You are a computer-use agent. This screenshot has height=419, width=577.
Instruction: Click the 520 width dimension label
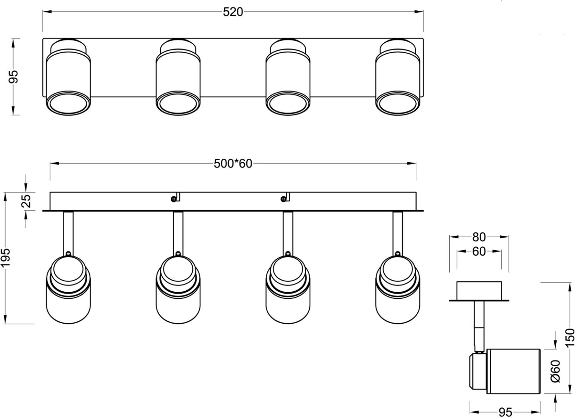pos(233,12)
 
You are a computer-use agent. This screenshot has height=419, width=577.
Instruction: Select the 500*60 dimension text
pos(233,164)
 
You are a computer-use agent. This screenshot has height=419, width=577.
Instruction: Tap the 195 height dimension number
pos(5,258)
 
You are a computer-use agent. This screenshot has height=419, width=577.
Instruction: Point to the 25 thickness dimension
pos(26,201)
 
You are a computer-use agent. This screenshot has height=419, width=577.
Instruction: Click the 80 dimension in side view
pos(479,237)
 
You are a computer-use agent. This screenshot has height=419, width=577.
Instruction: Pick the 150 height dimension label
pos(571,338)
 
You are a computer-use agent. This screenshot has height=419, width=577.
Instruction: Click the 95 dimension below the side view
pos(505,412)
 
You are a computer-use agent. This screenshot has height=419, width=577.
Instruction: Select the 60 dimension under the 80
pos(479,251)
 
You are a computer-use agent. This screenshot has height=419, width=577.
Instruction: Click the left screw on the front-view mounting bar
pos(174,198)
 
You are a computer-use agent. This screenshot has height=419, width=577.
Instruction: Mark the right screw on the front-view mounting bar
pos(283,198)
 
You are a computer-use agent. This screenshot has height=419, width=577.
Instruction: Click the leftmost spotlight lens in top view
pos(68,103)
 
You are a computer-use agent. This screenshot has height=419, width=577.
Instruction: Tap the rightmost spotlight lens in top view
pos(397,103)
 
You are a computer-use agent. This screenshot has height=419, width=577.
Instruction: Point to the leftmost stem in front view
pos(68,233)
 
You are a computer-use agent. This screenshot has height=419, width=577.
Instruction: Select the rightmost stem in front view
pos(397,233)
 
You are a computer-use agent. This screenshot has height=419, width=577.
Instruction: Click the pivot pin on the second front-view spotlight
pos(178,253)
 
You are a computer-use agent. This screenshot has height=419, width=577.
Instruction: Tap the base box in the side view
pos(479,291)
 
